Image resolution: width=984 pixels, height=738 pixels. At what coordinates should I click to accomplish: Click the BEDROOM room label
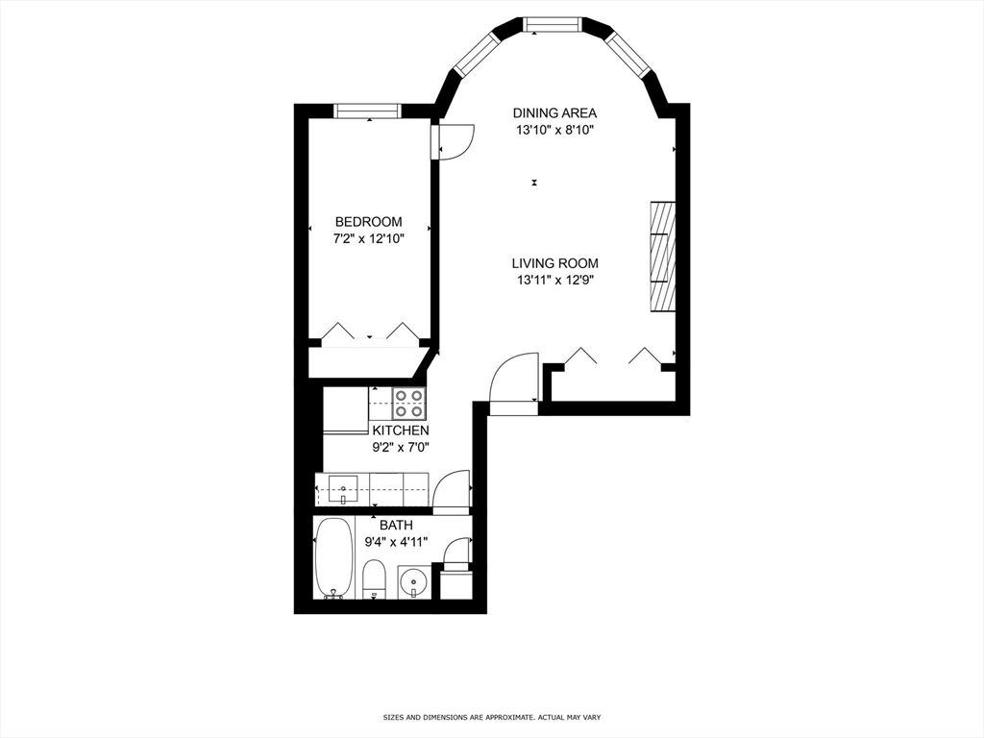pyautogui.click(x=368, y=222)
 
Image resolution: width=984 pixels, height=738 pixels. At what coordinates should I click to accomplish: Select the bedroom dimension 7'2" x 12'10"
pyautogui.click(x=368, y=239)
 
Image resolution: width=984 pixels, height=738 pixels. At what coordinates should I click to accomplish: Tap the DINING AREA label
pyautogui.click(x=554, y=113)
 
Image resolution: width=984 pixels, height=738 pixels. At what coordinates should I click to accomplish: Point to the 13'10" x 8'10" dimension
pyautogui.click(x=554, y=131)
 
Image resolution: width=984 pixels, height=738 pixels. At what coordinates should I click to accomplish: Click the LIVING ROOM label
pyautogui.click(x=554, y=263)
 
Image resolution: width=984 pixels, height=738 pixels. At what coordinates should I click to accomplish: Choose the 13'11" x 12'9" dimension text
pyautogui.click(x=554, y=281)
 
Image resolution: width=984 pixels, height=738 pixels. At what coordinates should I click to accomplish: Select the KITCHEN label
pyautogui.click(x=401, y=430)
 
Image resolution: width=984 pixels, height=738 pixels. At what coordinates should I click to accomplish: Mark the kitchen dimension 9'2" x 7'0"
pyautogui.click(x=401, y=447)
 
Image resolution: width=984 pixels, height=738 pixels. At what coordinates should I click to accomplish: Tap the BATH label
pyautogui.click(x=395, y=525)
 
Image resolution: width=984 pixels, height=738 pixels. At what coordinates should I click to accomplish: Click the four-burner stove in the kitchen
pyautogui.click(x=409, y=403)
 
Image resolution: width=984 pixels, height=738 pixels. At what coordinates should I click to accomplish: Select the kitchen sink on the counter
pyautogui.click(x=342, y=489)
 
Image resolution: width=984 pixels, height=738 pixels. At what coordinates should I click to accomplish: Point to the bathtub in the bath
pyautogui.click(x=333, y=558)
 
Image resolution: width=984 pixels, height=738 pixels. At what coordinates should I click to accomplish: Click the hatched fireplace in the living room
pyautogui.click(x=662, y=256)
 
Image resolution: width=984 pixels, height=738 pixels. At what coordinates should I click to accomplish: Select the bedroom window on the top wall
pyautogui.click(x=367, y=111)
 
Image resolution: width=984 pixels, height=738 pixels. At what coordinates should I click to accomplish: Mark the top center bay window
pyautogui.click(x=553, y=24)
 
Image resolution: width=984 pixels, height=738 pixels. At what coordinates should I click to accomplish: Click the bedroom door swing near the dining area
pyautogui.click(x=454, y=140)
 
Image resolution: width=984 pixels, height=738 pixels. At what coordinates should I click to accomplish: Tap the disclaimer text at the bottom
pyautogui.click(x=491, y=717)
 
